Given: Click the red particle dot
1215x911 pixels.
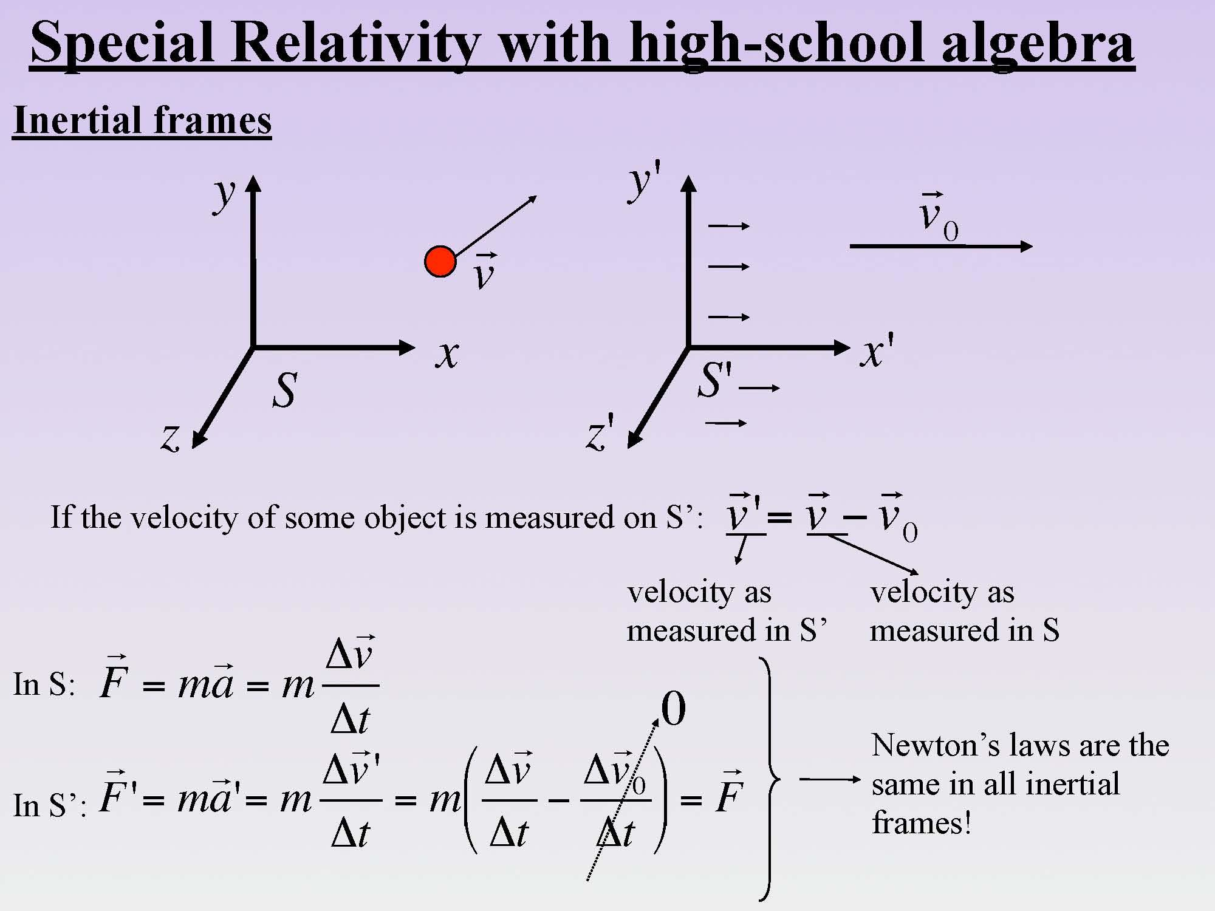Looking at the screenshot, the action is tap(440, 262).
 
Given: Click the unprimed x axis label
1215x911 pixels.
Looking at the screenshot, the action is tap(447, 354).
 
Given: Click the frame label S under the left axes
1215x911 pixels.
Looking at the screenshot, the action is tap(284, 389).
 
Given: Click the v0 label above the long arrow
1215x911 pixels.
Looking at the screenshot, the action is tap(938, 217).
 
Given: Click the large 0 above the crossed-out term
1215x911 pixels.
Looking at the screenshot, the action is tap(673, 709).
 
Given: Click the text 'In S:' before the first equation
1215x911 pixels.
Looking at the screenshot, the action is tap(44, 684).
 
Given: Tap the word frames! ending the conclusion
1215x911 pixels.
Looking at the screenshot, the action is tap(922, 824).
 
